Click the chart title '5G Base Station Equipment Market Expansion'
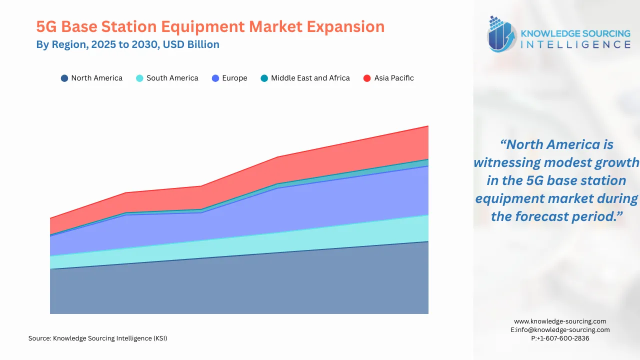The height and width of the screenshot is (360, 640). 210,26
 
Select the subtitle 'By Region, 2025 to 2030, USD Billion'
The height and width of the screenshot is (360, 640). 127,44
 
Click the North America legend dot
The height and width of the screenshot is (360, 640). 64,78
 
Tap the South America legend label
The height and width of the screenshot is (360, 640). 172,78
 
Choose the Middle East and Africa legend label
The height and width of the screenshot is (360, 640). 310,78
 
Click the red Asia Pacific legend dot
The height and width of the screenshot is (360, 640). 367,78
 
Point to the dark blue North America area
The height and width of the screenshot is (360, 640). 240,285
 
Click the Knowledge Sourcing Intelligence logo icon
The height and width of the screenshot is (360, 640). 501,34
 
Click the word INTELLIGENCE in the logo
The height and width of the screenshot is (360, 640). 575,44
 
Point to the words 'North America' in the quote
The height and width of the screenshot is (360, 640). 553,144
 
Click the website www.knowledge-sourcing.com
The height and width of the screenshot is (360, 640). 560,321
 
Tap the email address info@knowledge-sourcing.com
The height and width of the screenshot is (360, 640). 563,330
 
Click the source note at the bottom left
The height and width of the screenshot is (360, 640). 97,338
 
